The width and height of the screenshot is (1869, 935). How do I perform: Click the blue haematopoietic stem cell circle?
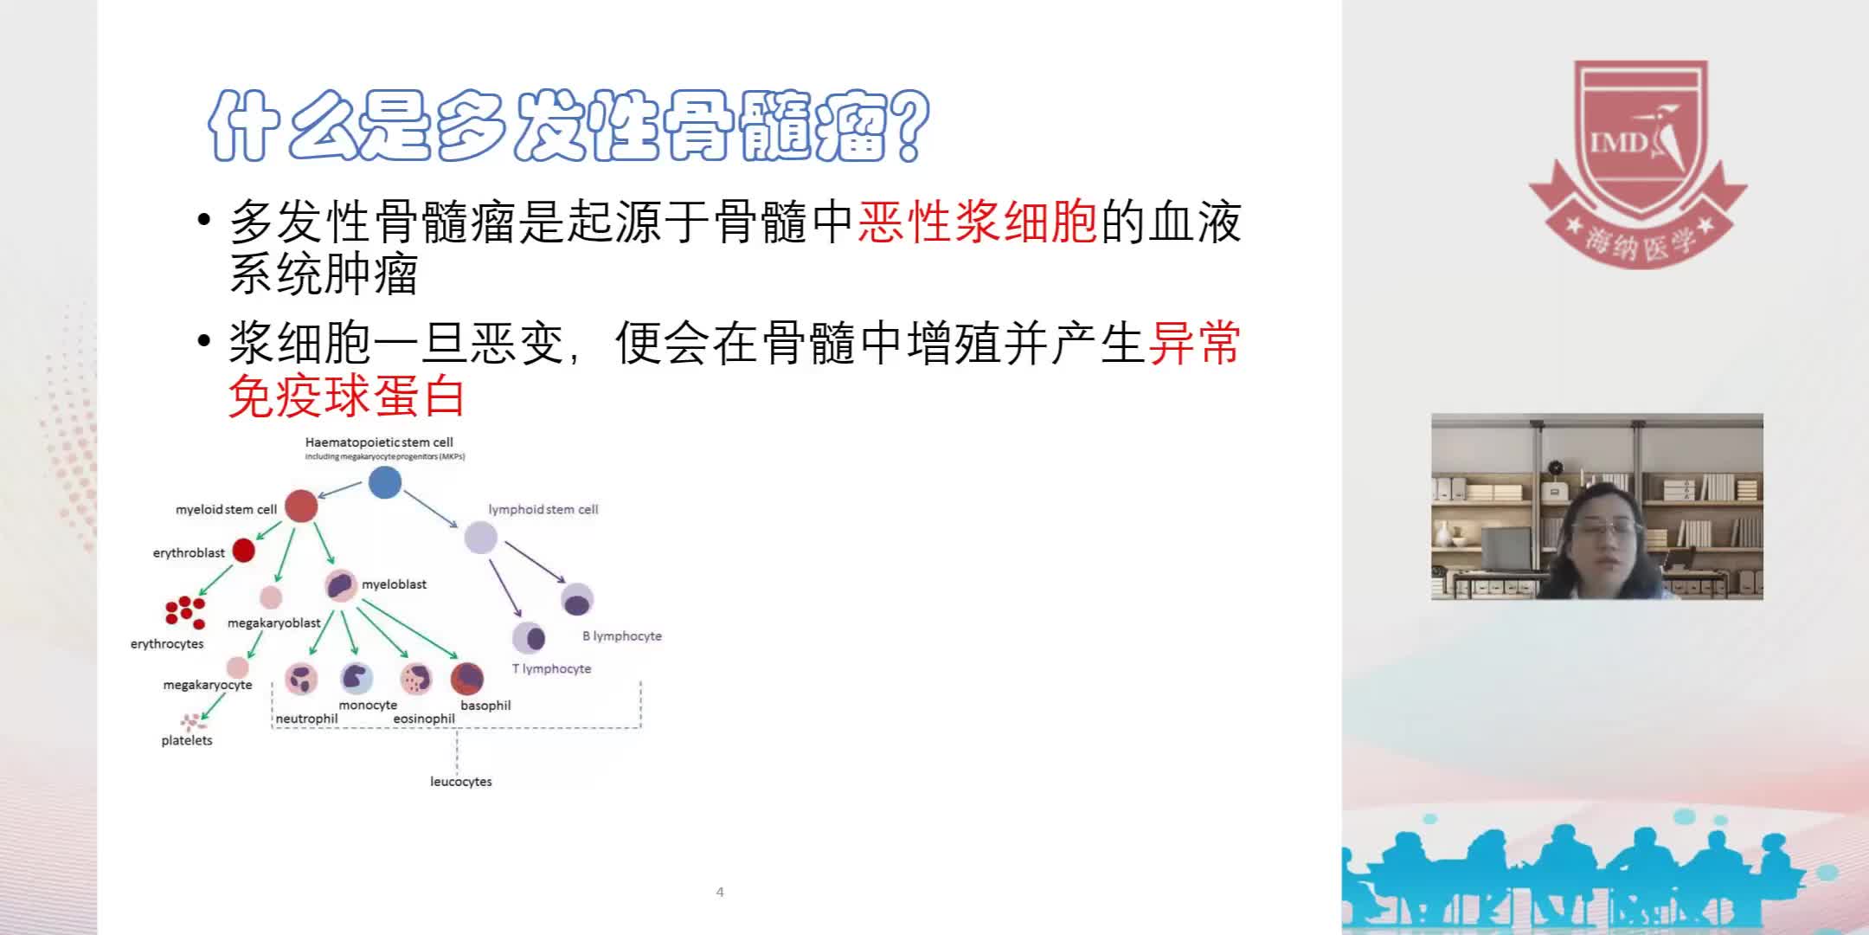point(385,482)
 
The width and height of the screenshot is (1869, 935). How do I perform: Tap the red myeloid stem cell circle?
point(301,506)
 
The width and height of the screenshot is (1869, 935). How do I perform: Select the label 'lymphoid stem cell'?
point(543,509)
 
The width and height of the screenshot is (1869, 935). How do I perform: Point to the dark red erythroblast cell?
point(244,550)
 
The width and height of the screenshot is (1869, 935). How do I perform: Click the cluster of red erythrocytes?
point(185,611)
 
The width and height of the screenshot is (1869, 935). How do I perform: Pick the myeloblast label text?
point(394,584)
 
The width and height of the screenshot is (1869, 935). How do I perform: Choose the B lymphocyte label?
point(621,635)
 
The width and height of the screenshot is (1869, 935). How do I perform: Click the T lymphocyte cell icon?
point(529,638)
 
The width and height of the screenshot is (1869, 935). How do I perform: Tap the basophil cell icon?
point(467,679)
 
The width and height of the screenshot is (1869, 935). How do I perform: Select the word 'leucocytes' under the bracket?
point(460,781)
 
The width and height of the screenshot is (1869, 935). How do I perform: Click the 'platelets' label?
point(186,740)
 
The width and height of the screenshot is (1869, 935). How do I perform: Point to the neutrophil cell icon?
point(302,679)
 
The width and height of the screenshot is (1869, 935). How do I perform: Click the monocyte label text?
point(368,705)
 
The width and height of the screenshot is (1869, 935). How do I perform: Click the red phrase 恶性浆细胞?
point(977,222)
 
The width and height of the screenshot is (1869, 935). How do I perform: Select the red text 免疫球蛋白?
point(346,397)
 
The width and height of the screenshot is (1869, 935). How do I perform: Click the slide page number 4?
point(720,892)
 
